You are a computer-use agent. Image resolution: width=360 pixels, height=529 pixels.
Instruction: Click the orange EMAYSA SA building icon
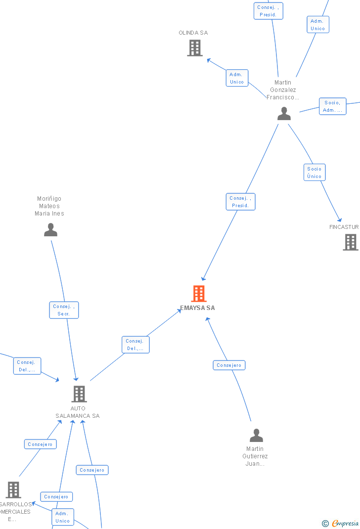click(199, 294)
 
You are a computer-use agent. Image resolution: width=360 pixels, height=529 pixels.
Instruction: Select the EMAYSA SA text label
click(197, 308)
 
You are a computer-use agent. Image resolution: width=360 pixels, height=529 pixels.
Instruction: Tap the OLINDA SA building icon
click(195, 48)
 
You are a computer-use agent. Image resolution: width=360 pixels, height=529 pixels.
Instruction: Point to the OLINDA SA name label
click(193, 33)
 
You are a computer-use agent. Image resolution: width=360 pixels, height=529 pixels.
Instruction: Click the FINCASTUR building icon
click(351, 242)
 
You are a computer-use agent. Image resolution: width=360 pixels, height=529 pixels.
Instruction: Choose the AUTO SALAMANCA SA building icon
click(79, 394)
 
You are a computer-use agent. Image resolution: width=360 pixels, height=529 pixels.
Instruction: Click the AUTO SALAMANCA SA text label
click(78, 412)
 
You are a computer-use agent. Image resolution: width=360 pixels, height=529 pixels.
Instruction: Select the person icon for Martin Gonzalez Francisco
click(284, 114)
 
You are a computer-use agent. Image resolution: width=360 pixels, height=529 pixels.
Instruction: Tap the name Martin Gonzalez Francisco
click(283, 90)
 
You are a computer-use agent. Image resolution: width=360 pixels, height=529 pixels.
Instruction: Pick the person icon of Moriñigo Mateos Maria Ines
click(50, 230)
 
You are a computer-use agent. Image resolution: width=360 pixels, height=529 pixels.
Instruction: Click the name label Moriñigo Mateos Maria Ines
click(49, 206)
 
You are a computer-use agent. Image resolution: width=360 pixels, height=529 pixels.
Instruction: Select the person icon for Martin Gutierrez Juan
click(256, 436)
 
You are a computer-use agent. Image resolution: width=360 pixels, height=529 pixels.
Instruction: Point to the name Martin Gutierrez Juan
click(255, 456)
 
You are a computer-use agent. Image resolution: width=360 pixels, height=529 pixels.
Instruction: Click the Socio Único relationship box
click(315, 173)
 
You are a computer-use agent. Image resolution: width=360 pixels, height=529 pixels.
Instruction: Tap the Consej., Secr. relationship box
click(64, 310)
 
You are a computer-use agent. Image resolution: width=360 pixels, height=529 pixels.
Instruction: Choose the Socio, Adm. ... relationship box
click(332, 106)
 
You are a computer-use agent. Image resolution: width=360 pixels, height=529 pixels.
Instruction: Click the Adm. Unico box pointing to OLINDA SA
click(237, 78)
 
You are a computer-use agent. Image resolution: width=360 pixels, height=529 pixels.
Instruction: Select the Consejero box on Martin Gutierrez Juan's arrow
click(229, 365)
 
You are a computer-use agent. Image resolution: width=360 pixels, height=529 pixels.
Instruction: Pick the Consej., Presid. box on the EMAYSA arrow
click(240, 202)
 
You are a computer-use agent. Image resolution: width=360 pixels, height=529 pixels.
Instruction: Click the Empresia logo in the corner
click(341, 523)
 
